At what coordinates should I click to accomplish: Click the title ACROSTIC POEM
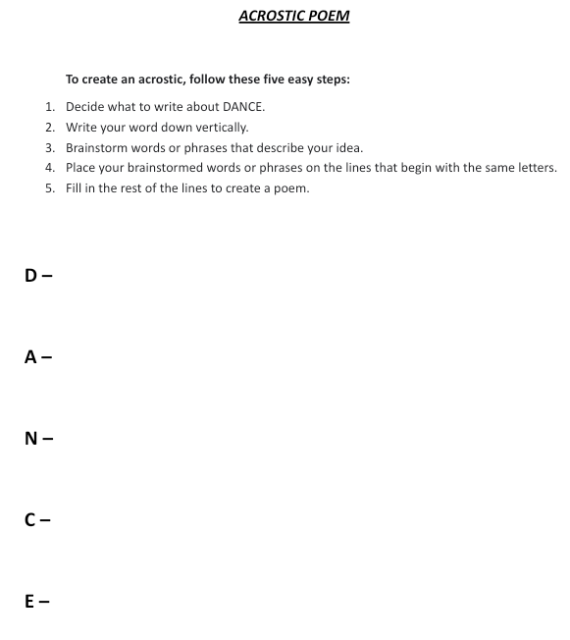click(x=293, y=17)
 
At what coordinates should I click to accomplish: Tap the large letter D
click(x=31, y=277)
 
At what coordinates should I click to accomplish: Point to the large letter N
click(x=31, y=439)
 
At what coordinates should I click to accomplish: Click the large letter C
click(x=30, y=519)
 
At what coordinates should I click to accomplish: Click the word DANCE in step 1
click(x=244, y=106)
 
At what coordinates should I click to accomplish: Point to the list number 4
click(x=49, y=168)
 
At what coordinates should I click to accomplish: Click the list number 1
click(x=49, y=106)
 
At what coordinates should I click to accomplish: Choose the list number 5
click(x=49, y=188)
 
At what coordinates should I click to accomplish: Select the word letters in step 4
click(x=536, y=168)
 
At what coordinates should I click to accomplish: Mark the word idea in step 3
click(x=349, y=147)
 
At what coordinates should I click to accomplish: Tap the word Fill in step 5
click(x=75, y=188)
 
